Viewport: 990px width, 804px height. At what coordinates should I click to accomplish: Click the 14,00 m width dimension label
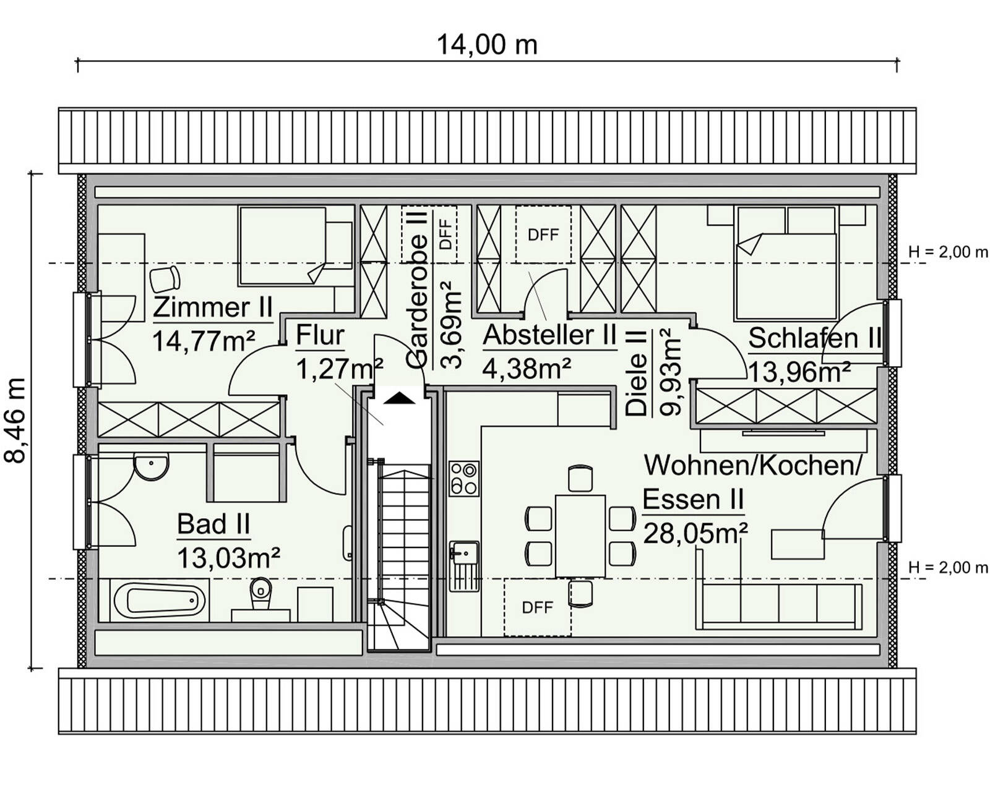[x=487, y=45]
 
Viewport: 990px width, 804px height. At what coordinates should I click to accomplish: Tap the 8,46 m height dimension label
[x=16, y=421]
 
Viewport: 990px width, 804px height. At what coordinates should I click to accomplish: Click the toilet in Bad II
[x=260, y=591]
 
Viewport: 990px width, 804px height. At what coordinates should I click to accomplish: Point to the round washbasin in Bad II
[x=152, y=465]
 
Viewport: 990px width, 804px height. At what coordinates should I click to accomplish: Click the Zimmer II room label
[x=213, y=307]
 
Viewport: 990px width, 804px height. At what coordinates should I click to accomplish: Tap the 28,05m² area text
[x=695, y=532]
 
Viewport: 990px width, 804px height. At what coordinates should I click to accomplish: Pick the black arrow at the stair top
[x=399, y=398]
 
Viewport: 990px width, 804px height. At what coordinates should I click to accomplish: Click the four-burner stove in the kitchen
[x=463, y=479]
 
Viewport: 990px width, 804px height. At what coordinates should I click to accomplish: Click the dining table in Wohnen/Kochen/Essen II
[x=580, y=536]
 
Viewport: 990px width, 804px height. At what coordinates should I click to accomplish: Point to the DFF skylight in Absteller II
[x=543, y=234]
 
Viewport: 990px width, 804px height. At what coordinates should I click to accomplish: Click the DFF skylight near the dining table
[x=537, y=607]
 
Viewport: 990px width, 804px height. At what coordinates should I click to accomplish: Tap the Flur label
[x=320, y=336]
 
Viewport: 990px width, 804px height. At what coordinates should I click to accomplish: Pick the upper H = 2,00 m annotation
[x=947, y=252]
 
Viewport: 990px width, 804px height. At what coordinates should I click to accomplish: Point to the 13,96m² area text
[x=799, y=372]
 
